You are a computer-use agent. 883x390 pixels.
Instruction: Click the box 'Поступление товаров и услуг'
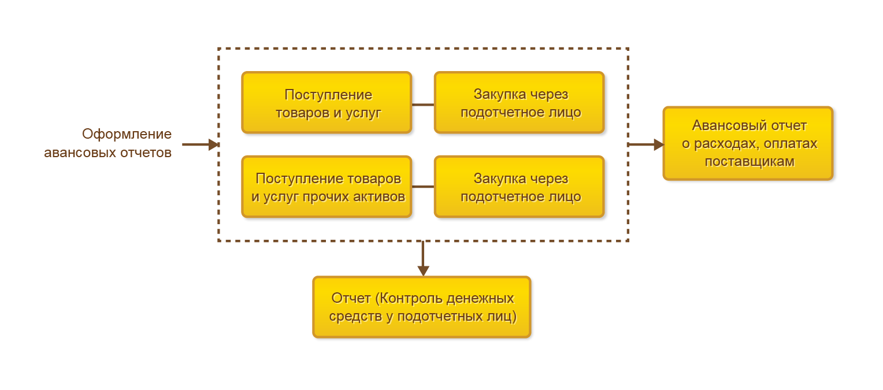[327, 103]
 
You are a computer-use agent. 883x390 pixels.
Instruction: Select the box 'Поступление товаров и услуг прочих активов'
[327, 187]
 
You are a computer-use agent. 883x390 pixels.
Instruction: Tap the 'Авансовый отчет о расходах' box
[748, 143]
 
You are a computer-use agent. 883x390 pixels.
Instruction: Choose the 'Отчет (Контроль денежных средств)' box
[422, 307]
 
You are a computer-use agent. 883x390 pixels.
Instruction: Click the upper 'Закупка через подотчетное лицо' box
[519, 103]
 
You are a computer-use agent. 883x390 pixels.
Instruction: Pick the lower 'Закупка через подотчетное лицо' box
[519, 187]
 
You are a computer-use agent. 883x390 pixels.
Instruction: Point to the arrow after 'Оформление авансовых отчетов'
[200, 144]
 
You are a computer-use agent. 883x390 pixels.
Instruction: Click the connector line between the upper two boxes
[422, 105]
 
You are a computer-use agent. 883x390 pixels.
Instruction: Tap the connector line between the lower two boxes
[422, 187]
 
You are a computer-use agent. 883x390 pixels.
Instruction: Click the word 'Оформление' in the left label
[127, 135]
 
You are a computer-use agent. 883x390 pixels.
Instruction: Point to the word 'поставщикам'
[750, 162]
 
